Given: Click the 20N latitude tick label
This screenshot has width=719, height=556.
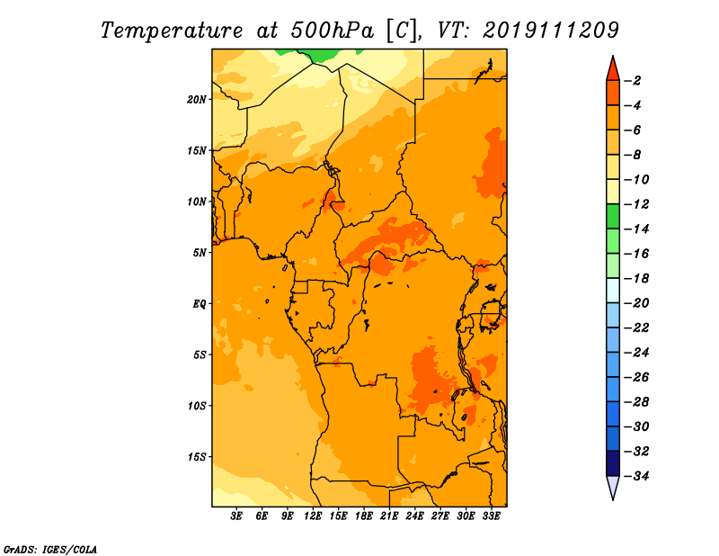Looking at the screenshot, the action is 197,100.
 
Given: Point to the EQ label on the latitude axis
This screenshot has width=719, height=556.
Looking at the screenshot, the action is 199,304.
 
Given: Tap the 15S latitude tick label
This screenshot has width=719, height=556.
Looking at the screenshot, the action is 197,457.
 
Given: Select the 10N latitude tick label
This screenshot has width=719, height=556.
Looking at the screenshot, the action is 197,202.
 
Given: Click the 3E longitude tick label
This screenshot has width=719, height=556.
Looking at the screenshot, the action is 236,516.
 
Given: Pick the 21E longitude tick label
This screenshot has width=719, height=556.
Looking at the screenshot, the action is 389,516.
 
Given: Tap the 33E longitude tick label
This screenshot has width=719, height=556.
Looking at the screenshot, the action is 491,516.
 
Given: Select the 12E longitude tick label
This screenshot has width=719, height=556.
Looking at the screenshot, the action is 313,516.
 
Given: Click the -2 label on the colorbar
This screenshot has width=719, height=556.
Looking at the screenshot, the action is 633,81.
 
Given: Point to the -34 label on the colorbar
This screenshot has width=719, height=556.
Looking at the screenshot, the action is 637,476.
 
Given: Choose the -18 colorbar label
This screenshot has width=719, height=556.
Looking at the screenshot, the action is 637,279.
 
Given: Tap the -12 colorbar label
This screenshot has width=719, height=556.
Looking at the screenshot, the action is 637,204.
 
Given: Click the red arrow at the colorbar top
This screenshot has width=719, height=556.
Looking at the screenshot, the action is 613,69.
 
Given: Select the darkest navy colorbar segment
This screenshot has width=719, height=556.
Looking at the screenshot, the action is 613,463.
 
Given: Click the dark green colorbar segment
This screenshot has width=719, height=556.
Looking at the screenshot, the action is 613,216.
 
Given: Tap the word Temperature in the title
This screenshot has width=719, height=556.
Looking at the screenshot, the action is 172,31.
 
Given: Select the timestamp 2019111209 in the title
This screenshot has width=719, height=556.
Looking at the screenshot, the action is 551,31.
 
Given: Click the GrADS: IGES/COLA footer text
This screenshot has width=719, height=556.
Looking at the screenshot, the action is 50,549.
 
